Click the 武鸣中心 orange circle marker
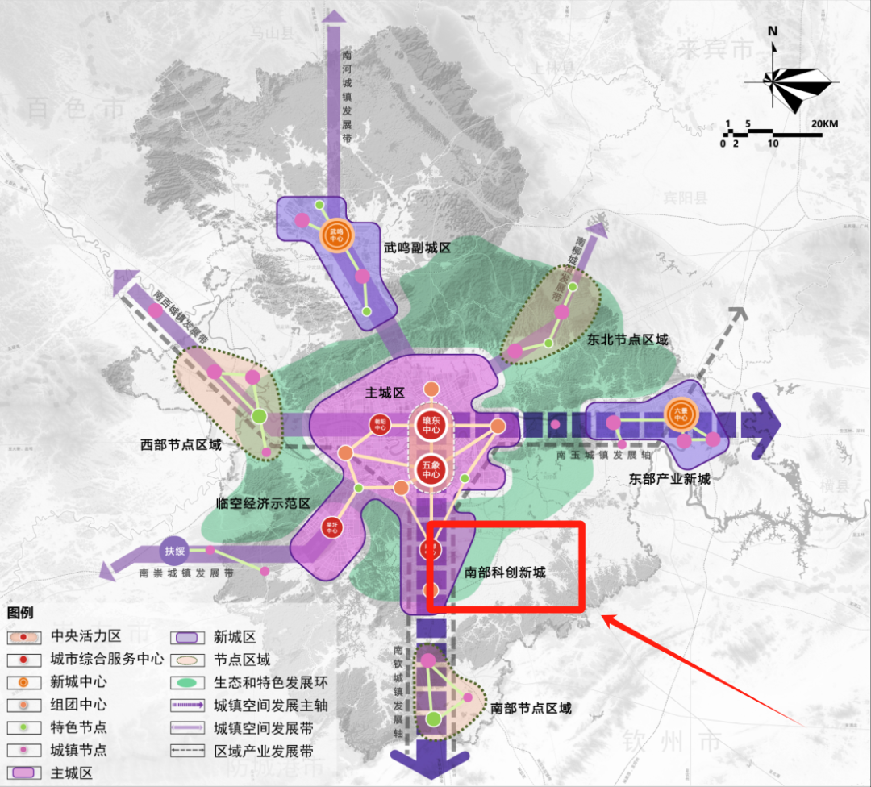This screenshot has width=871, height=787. (x=335, y=235)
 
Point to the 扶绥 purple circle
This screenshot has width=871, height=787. (x=175, y=552)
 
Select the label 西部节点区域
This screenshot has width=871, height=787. (x=181, y=444)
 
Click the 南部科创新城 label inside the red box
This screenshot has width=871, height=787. (x=506, y=573)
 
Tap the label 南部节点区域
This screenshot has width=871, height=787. (x=531, y=708)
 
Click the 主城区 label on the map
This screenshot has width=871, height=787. (x=385, y=392)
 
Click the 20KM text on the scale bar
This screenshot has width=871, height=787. (x=824, y=123)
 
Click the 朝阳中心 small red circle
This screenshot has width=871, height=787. (x=378, y=425)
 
